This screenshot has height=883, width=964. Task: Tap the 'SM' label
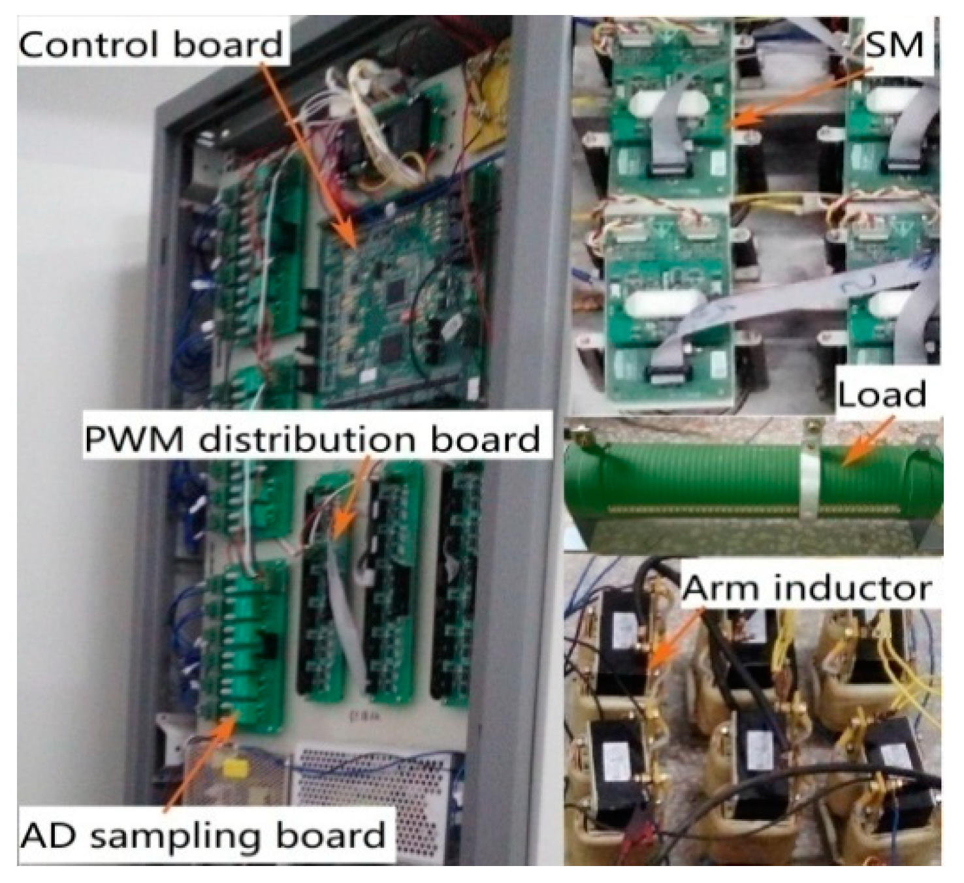pyautogui.click(x=894, y=44)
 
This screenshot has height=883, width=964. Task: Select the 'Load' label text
pyautogui.click(x=882, y=394)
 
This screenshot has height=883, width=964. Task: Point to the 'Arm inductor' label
pyautogui.click(x=807, y=589)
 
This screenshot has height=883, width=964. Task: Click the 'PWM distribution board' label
pyautogui.click(x=312, y=439)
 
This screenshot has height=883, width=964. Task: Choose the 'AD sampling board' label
pyautogui.click(x=202, y=836)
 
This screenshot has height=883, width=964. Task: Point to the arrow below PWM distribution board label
pyautogui.click(x=349, y=496)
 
